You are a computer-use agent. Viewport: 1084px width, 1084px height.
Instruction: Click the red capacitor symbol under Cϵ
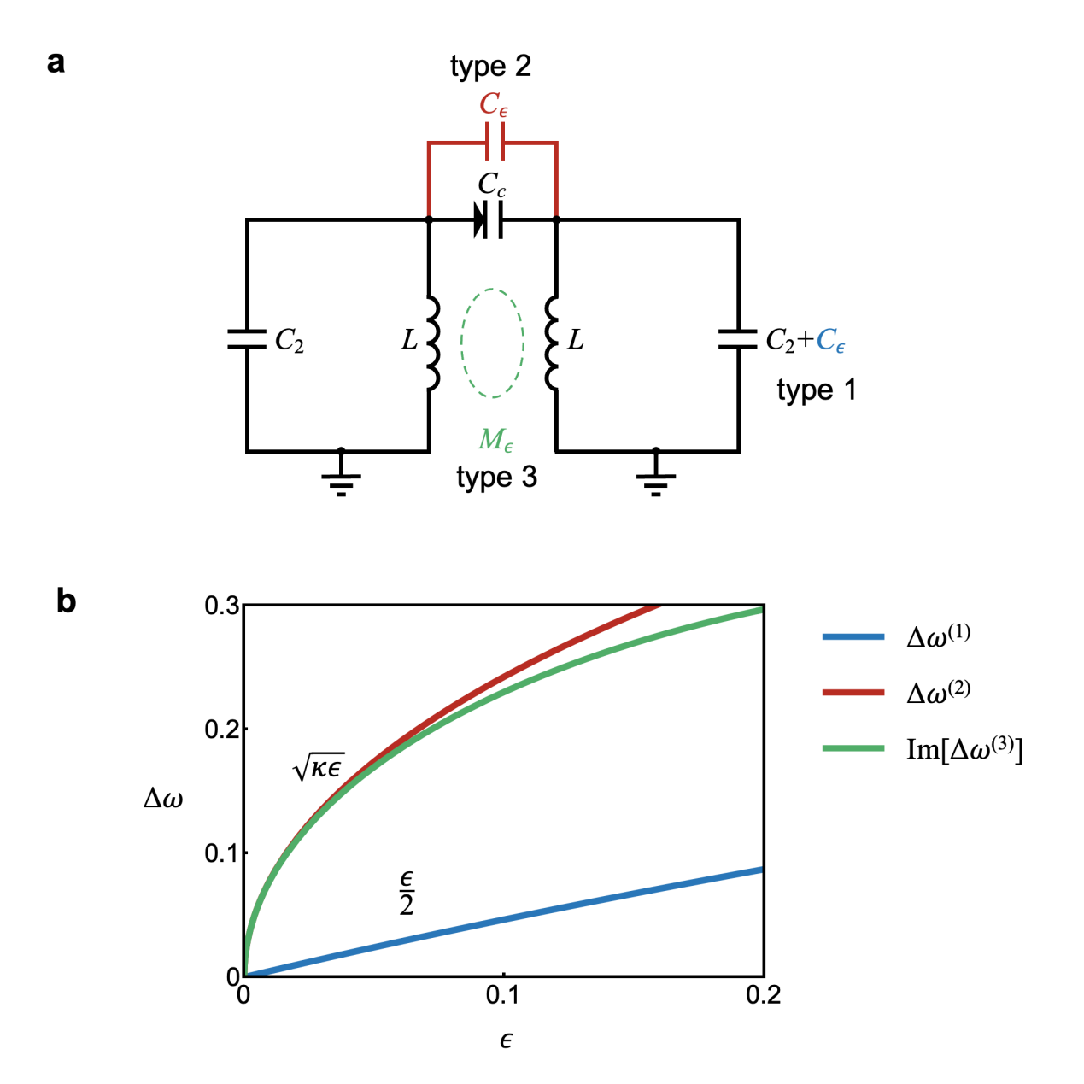coord(495,142)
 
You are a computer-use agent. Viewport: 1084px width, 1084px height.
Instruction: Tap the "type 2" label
coord(490,67)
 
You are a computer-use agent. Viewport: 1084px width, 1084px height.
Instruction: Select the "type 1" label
coord(817,390)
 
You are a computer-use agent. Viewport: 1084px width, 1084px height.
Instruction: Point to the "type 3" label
coord(496,477)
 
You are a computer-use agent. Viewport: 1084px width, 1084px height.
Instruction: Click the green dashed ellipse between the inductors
coord(462,343)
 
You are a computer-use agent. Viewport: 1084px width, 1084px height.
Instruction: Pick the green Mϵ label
coord(495,439)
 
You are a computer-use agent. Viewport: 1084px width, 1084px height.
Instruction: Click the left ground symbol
coord(341,478)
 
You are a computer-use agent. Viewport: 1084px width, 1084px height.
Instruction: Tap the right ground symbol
coord(655,478)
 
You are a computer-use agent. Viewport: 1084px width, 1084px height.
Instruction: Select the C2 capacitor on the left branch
coord(246,338)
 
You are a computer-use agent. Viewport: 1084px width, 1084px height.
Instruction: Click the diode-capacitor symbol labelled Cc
coord(489,220)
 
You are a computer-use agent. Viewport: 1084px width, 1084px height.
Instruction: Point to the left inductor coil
coord(432,343)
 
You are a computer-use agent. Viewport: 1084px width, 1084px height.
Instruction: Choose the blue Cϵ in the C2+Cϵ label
coord(830,340)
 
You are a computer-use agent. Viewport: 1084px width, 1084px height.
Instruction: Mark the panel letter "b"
coord(66,601)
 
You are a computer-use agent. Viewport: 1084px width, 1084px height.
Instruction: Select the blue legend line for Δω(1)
coord(853,636)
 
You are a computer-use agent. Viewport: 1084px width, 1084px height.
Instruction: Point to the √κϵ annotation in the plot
coord(319,767)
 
